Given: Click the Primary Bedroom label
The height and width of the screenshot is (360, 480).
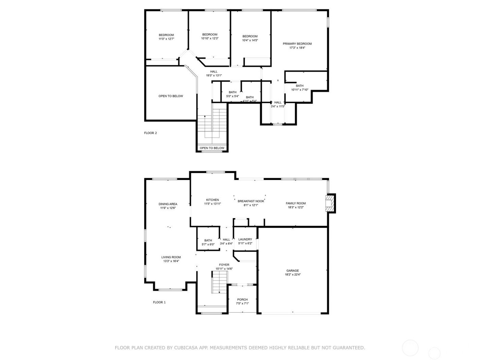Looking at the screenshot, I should pyautogui.click(x=297, y=44).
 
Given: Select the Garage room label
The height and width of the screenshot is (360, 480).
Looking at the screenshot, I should pyautogui.click(x=292, y=271).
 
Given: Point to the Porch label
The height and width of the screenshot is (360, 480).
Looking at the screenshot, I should pyautogui.click(x=242, y=300).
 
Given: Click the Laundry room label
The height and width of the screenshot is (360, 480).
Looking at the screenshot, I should pyautogui.click(x=245, y=239).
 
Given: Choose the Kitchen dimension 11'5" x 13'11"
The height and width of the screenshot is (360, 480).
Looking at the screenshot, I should pyautogui.click(x=212, y=204).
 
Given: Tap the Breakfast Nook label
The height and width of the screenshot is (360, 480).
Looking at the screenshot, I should pyautogui.click(x=251, y=201).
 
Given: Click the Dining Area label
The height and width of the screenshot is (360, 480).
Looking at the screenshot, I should pyautogui.click(x=168, y=204).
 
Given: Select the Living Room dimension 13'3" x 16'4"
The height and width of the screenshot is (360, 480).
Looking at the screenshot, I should pyautogui.click(x=171, y=261).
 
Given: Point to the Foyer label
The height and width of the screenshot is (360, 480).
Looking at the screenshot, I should pyautogui.click(x=224, y=265).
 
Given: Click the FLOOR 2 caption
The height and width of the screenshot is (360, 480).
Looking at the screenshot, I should pyautogui.click(x=151, y=133).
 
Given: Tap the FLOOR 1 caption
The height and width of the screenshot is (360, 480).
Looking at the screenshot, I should pyautogui.click(x=159, y=302).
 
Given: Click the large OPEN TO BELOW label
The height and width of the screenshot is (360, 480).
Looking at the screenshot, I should pyautogui.click(x=171, y=96).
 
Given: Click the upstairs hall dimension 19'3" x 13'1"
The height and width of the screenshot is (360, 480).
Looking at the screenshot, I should pyautogui.click(x=214, y=75).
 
